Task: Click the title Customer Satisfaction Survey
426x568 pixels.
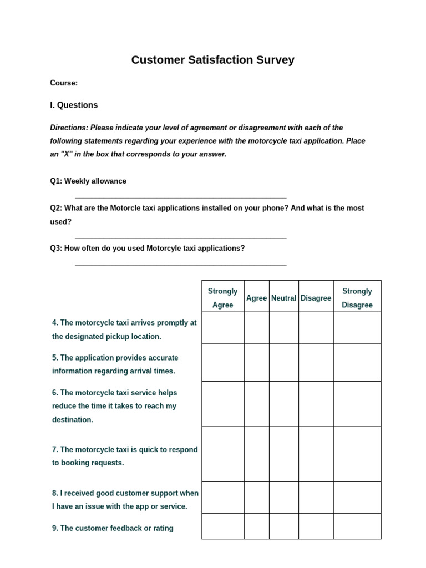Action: tap(212, 60)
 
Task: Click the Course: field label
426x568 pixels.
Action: tap(64, 83)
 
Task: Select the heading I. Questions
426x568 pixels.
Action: tap(74, 105)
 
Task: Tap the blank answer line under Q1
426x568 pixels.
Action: tap(180, 197)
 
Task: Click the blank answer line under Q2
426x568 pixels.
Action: tap(180, 238)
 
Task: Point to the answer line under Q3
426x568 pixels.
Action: tap(180, 265)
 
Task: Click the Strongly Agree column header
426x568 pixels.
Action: tap(222, 298)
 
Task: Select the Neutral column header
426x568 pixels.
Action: tap(283, 298)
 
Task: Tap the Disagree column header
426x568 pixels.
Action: tap(316, 298)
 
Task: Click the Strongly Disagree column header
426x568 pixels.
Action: tap(357, 298)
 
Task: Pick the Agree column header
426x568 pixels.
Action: tap(256, 298)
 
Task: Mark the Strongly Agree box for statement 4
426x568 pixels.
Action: tap(222, 328)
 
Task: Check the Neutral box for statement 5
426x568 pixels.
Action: tap(283, 362)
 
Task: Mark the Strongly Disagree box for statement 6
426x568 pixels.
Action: tap(357, 404)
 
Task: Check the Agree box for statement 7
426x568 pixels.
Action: tap(256, 454)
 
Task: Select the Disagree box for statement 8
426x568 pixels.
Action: tap(316, 498)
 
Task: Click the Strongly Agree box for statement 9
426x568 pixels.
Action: tap(222, 526)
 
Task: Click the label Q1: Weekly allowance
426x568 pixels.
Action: tap(88, 181)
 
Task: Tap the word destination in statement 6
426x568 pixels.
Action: tap(73, 420)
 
